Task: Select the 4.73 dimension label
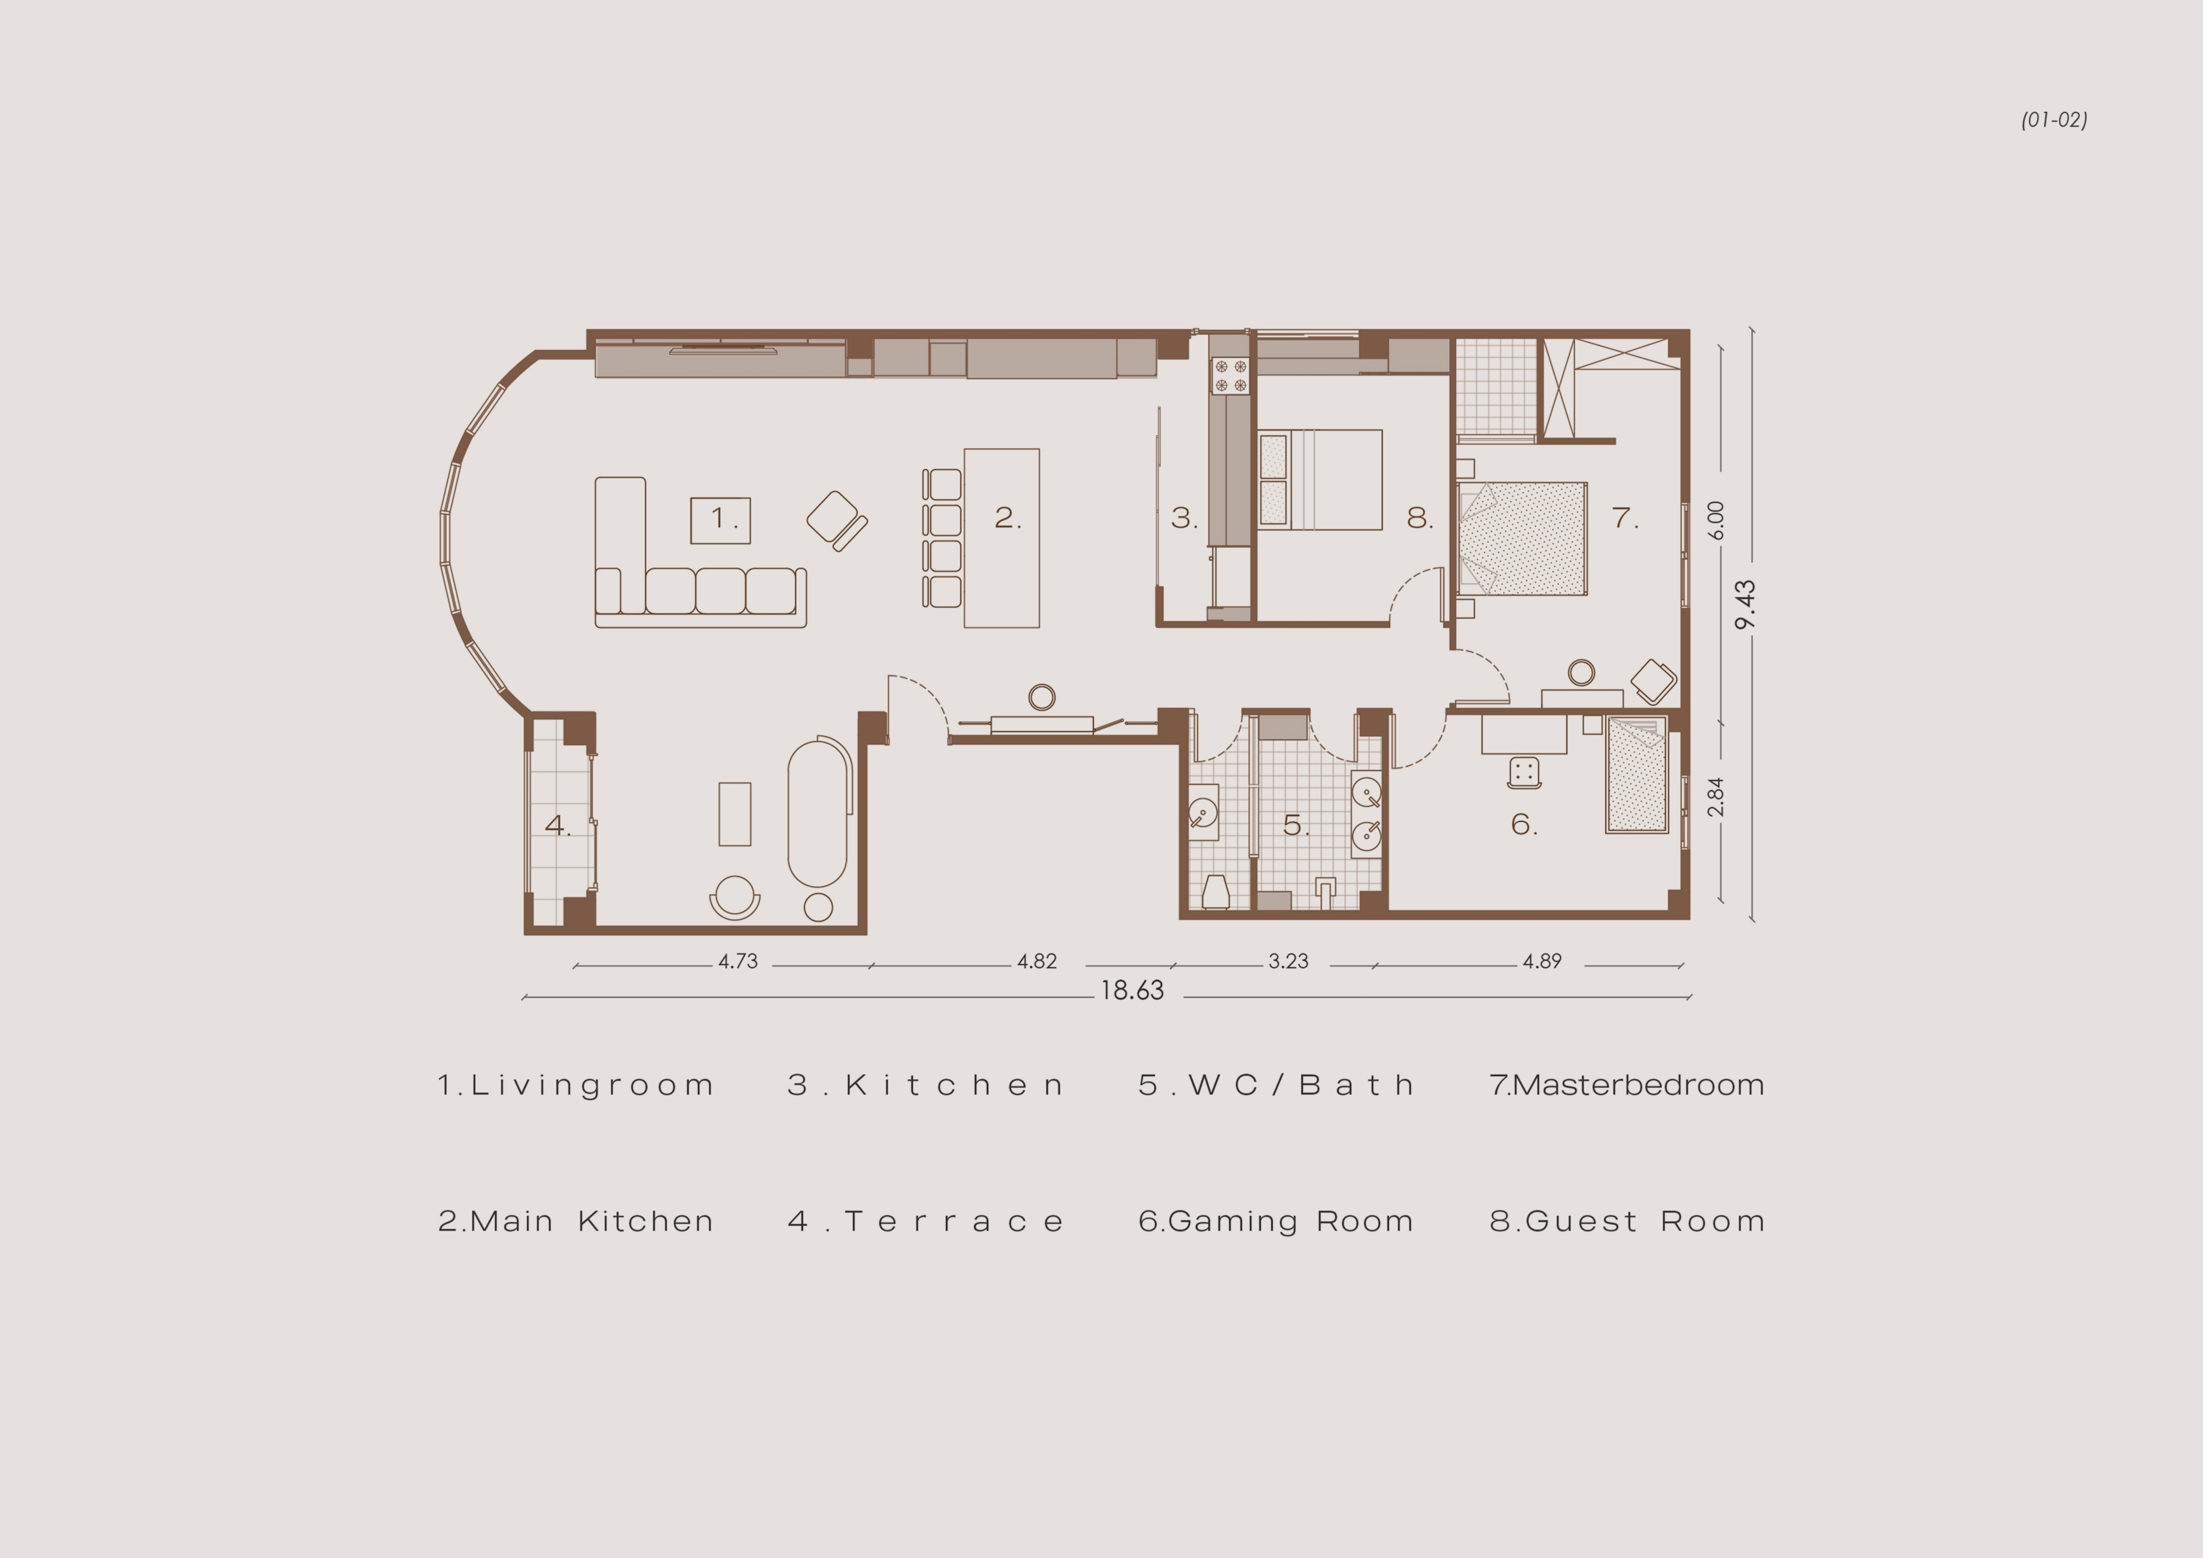[x=738, y=961]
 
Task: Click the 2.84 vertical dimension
[x=1715, y=797]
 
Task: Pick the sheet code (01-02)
[x=2054, y=120]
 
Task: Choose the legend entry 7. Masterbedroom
[x=1626, y=1085]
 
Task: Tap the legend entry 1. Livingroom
[x=576, y=1085]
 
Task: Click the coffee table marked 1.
[x=720, y=520]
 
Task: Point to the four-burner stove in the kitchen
[x=1230, y=375]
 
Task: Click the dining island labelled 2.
[x=1002, y=538]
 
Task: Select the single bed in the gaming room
[x=1637, y=775]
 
